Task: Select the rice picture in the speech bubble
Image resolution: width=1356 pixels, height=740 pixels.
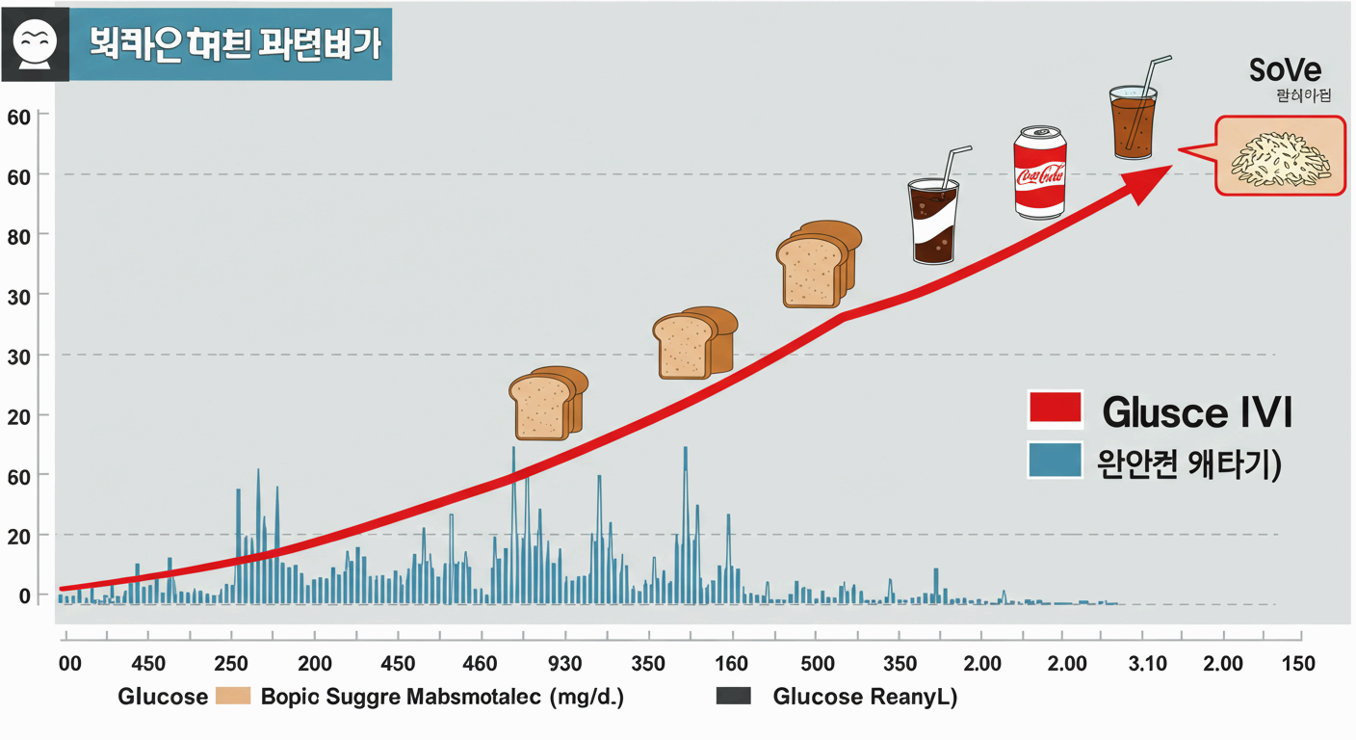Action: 1280,156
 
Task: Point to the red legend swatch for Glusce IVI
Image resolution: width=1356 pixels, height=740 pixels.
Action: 1056,410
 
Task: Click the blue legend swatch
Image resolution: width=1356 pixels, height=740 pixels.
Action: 1056,460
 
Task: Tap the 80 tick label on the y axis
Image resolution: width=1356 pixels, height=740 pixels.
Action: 20,235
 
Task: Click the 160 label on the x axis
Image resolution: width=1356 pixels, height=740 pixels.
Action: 731,664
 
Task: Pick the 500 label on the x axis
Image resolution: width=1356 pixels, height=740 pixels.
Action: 818,664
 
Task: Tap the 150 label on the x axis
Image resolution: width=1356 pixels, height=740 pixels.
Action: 1297,664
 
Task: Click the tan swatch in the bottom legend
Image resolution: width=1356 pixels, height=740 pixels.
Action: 234,697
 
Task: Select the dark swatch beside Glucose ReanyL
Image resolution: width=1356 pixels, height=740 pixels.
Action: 734,697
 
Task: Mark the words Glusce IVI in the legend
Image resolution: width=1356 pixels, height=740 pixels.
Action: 1195,412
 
